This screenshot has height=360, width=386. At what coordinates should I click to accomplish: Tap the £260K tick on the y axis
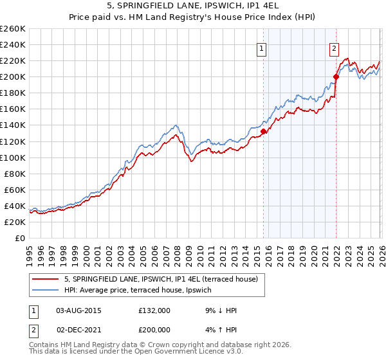[13, 29]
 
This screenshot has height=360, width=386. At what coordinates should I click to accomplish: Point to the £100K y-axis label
[13, 157]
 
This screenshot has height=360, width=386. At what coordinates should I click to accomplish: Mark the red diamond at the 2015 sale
[263, 131]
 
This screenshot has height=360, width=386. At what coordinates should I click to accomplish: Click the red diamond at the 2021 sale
[336, 76]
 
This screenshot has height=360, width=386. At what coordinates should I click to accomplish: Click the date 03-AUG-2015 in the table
[78, 310]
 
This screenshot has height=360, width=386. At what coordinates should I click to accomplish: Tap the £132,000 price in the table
[154, 310]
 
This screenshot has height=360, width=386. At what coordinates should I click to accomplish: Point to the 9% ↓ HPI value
[219, 310]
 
